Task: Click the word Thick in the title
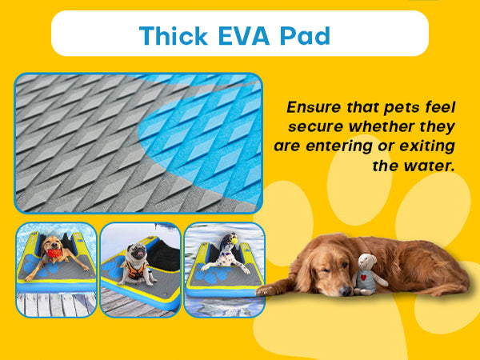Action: point(174,36)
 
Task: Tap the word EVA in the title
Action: point(244,36)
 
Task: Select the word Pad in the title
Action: point(306,36)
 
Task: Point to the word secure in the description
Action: point(315,126)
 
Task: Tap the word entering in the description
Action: point(339,146)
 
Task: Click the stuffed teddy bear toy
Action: point(368,274)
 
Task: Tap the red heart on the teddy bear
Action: point(364,278)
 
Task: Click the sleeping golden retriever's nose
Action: point(346,290)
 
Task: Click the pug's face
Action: point(137,252)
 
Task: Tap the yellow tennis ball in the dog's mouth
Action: point(234,240)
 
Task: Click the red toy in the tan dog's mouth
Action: point(54,253)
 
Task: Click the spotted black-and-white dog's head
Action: point(228,241)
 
